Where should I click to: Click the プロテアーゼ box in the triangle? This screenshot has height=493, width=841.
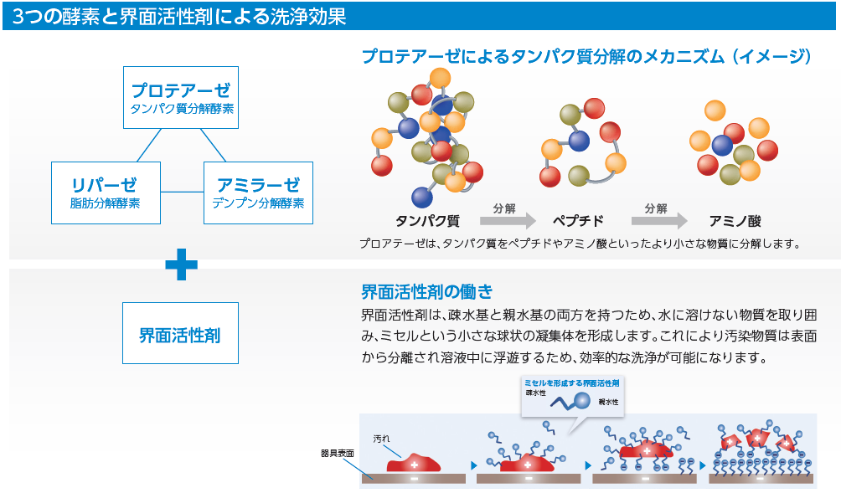(x=180, y=97)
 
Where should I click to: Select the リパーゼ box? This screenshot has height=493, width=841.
(x=105, y=193)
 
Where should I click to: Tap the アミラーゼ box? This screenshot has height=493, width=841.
(x=258, y=193)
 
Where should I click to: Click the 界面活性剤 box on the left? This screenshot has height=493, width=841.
(x=180, y=332)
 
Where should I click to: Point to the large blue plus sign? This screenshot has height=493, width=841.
(x=181, y=266)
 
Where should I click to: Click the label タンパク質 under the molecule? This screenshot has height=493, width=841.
(x=427, y=222)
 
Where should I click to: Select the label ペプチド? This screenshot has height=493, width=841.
(x=578, y=222)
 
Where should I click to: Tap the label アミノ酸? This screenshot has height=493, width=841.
(x=735, y=222)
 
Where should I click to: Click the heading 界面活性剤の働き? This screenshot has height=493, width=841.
(x=426, y=292)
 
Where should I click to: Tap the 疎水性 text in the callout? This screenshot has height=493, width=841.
(x=536, y=392)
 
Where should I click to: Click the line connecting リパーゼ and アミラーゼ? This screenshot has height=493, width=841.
(x=182, y=193)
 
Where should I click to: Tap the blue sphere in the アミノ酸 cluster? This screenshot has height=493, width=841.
(x=722, y=145)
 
